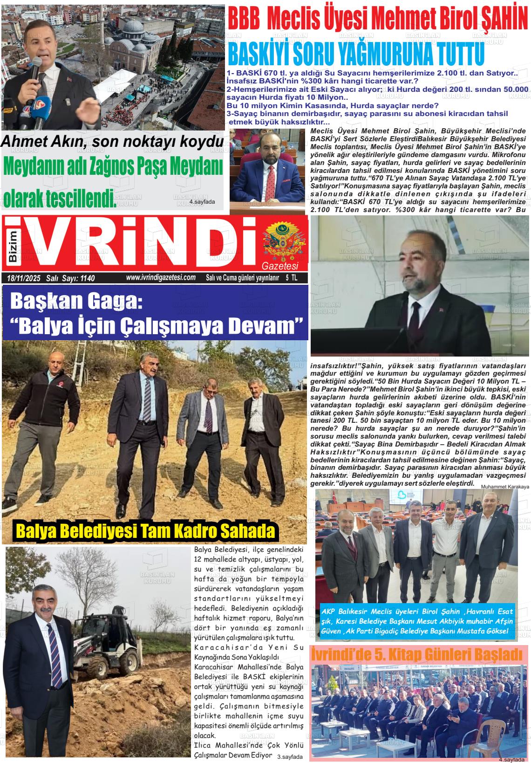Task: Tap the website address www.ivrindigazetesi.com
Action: tap(160, 278)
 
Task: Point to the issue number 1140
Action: tap(87, 278)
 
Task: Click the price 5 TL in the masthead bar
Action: tap(292, 278)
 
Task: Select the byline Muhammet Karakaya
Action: tap(505, 487)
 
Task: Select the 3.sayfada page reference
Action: tap(290, 756)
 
